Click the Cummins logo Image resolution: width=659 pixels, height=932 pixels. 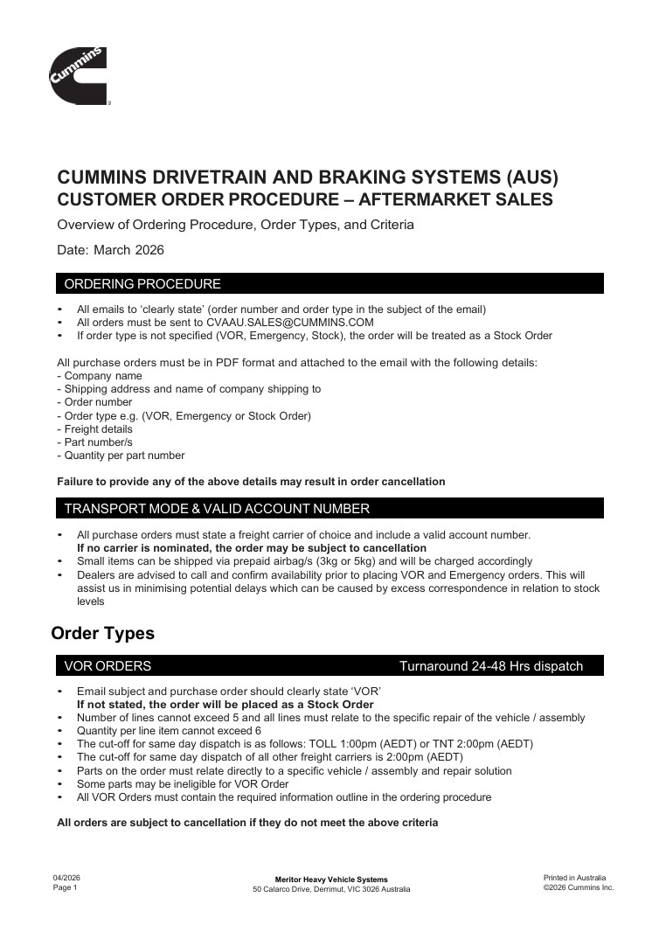[79, 76]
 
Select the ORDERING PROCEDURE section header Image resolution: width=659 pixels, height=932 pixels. [142, 284]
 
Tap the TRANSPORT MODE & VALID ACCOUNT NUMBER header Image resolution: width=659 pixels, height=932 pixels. [217, 509]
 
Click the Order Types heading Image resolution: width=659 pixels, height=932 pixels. [103, 633]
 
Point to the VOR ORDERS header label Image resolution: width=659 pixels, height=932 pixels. [108, 666]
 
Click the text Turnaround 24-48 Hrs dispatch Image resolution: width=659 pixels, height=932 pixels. [490, 666]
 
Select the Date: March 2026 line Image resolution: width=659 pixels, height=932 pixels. [110, 249]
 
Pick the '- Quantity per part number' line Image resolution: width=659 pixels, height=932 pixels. [121, 456]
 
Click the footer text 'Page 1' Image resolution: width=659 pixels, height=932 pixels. [66, 887]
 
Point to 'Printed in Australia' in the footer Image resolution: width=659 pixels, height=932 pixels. [574, 878]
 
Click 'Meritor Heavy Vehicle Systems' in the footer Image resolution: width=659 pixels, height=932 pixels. [331, 880]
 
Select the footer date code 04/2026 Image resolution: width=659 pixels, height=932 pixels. [67, 878]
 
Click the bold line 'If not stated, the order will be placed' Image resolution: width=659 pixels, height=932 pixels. [225, 705]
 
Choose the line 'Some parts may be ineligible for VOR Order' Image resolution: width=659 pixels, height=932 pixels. [183, 784]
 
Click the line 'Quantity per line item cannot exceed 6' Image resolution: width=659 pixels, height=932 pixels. [169, 731]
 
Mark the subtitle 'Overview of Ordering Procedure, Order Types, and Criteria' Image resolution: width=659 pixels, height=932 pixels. [235, 225]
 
